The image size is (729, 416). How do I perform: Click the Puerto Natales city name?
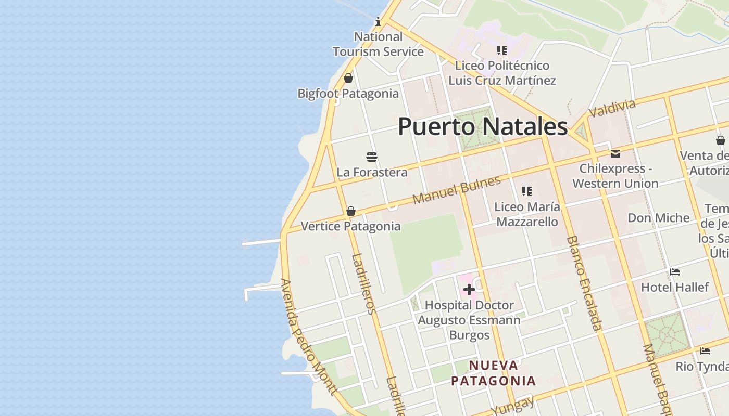483,127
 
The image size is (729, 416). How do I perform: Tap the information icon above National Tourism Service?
378,21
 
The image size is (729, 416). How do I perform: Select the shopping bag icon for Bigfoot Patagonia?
348,78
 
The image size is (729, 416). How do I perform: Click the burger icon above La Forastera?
372,157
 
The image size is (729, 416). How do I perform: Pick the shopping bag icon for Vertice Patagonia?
351,211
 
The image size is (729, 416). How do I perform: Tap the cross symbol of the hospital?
469,290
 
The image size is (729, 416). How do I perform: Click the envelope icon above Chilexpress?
615,153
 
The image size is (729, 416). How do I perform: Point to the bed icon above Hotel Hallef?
675,272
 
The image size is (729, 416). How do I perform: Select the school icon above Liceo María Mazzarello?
527,191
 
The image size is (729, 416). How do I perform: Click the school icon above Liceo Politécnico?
502,50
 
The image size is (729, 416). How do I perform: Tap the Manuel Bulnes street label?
457,190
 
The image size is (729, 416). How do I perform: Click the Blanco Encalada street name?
584,283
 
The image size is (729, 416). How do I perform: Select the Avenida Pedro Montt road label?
308,336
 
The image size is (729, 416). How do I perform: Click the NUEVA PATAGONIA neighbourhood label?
493,373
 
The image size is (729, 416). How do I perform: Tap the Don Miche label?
658,218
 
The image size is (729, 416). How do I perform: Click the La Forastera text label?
372,172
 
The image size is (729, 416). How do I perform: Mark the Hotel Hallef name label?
675,287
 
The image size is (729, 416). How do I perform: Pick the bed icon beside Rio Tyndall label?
705,351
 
